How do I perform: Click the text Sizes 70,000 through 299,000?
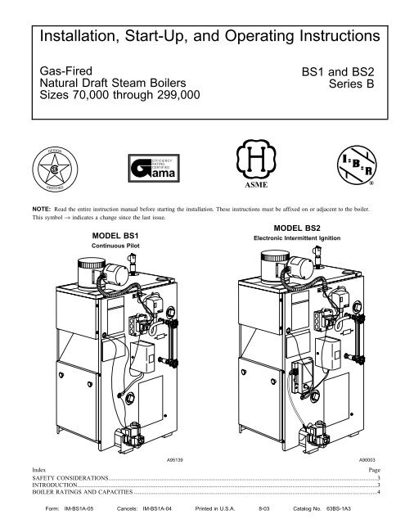click(116, 97)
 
